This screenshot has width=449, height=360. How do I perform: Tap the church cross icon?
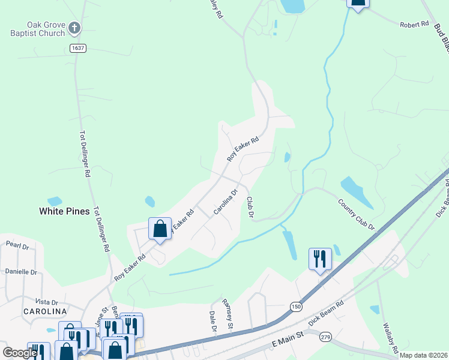(x=74, y=27)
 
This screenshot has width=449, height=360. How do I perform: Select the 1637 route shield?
(x=77, y=48)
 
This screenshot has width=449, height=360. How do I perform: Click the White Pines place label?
(x=64, y=211)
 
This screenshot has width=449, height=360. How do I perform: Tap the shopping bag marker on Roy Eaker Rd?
(x=160, y=228)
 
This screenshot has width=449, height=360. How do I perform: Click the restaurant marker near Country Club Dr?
(x=320, y=259)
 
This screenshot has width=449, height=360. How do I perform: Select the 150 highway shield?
(x=296, y=306)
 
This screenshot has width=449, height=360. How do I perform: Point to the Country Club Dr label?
(x=356, y=215)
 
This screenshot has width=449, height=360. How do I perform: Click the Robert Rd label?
(x=415, y=25)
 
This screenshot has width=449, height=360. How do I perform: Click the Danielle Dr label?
(x=21, y=272)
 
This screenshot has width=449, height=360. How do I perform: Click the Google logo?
(x=20, y=353)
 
